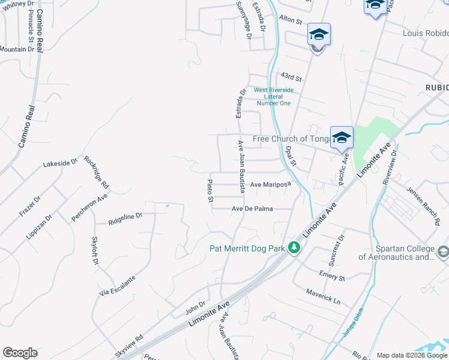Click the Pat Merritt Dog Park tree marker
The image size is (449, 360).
(x=294, y=247)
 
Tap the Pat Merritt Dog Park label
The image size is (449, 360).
(x=247, y=248)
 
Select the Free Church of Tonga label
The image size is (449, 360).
(x=292, y=139)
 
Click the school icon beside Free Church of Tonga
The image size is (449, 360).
(x=342, y=137)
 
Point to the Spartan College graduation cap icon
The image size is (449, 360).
(x=443, y=252)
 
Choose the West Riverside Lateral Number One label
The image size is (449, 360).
(x=273, y=97)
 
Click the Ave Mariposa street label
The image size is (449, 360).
(x=270, y=185)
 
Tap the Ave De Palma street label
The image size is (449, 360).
(x=253, y=209)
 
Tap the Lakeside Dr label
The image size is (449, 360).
(x=61, y=163)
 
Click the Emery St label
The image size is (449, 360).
(x=332, y=275)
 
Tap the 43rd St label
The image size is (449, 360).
(x=291, y=77)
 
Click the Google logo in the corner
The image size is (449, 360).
(x=20, y=353)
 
